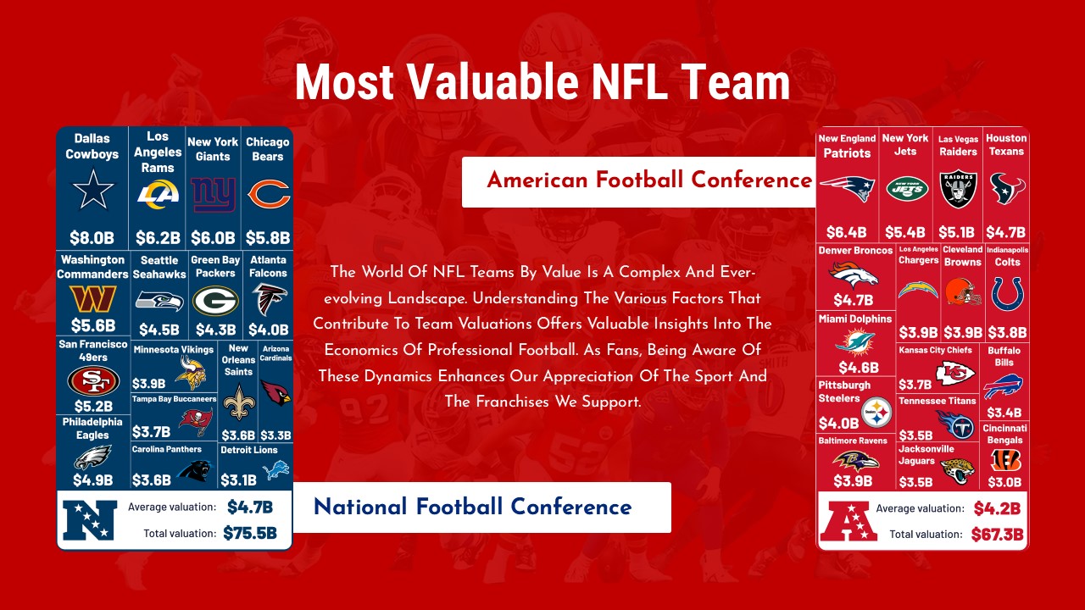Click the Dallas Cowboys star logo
point(92,191)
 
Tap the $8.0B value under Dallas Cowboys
point(92,237)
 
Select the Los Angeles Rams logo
point(158,196)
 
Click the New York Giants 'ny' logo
point(213,194)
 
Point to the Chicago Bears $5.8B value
point(268,237)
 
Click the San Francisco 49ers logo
point(93,381)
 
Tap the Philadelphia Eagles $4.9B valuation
point(92,480)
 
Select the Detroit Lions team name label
point(248,450)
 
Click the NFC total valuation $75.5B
point(249,533)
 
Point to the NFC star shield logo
point(89,520)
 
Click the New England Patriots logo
point(846,188)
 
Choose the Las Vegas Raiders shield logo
point(959,189)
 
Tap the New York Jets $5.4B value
point(904,232)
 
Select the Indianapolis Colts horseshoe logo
point(1007,294)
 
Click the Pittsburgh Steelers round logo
point(876,413)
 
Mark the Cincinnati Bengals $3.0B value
point(1004,481)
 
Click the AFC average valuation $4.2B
point(996,508)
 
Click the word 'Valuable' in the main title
point(486,82)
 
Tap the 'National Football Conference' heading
point(472,507)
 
